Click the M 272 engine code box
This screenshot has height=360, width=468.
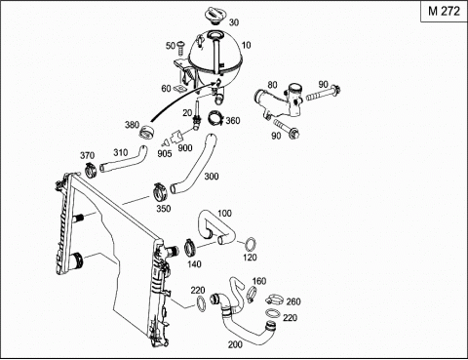pos(444,12)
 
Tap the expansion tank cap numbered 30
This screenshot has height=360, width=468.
pos(215,16)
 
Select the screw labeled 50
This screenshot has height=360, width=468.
pos(180,49)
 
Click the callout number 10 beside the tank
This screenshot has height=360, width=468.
pos(247,45)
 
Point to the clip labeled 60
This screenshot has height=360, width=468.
pos(178,89)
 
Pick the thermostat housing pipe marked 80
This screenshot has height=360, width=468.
pos(280,100)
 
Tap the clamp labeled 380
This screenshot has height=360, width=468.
pos(147,133)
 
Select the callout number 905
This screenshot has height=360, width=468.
pos(165,153)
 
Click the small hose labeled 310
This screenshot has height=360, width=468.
pos(123,160)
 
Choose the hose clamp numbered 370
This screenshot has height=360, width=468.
pos(91,170)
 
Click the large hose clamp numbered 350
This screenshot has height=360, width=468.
pos(160,192)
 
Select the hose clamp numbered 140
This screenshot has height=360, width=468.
pos(190,249)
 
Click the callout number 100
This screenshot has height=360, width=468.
pos(224,214)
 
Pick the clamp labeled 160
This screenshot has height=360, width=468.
pos(252,293)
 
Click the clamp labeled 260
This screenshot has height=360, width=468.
pos(274,300)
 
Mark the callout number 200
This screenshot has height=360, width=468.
pos(235,344)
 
